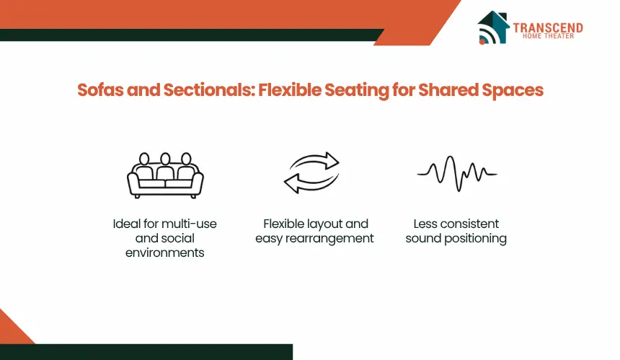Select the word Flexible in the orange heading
tap(290, 89)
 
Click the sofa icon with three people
tap(165, 175)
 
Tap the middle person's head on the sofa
tap(165, 159)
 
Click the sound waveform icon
tap(457, 174)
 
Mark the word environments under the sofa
tap(165, 253)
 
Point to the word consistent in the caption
tap(469, 224)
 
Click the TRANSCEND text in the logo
tap(548, 27)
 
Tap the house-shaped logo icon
tap(492, 27)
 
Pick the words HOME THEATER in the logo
tap(548, 36)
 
